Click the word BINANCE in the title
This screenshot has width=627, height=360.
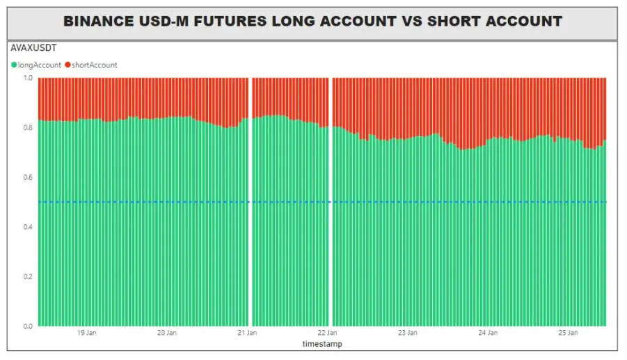[x=98, y=21]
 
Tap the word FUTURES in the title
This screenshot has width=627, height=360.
[x=230, y=21]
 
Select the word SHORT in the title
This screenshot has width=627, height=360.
[x=454, y=21]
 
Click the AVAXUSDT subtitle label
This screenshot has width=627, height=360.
[x=33, y=48]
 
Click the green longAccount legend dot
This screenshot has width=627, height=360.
[x=14, y=65]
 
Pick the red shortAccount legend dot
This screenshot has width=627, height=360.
[x=68, y=65]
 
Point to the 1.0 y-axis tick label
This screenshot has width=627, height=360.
[x=28, y=77]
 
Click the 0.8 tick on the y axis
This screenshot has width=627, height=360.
[x=28, y=127]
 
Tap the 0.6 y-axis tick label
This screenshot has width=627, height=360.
[x=28, y=177]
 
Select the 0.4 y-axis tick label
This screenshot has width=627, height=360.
[x=28, y=227]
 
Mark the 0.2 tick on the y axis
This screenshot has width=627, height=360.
[x=28, y=276]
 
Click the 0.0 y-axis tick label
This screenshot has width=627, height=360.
[x=28, y=326]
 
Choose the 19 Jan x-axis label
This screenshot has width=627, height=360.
[x=87, y=333]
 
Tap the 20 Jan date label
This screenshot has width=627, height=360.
[x=167, y=333]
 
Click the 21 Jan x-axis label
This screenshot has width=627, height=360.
[x=247, y=333]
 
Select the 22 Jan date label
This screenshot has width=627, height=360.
[x=328, y=333]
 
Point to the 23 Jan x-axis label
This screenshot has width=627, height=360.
[x=408, y=333]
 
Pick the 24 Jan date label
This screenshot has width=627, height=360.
[x=488, y=333]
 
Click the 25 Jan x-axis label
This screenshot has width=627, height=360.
[x=569, y=333]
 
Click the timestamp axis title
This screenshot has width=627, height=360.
[x=322, y=344]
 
